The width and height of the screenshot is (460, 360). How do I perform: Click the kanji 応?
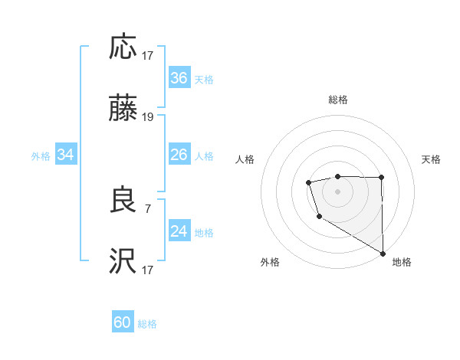(123, 47)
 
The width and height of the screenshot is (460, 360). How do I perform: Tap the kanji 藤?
(123, 110)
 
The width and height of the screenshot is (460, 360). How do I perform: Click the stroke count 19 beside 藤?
(148, 117)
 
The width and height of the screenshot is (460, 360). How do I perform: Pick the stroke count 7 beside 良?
(148, 208)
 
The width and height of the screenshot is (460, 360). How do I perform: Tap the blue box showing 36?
(179, 78)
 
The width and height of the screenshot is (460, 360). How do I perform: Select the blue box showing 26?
(179, 155)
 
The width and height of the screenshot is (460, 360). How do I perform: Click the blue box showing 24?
(179, 231)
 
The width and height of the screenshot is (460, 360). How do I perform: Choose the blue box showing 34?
(66, 155)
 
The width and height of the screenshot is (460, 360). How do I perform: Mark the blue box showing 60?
(123, 322)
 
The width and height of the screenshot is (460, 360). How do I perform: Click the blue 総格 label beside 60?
(147, 324)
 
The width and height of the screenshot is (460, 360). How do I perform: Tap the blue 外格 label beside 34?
(41, 156)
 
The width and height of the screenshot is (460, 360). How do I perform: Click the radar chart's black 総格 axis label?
(338, 100)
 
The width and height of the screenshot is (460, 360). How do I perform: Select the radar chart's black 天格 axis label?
(431, 159)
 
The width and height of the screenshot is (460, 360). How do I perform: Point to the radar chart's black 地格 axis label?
(402, 262)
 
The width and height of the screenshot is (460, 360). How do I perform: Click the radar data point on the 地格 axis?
(383, 254)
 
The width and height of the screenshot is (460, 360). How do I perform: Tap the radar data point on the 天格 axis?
(382, 178)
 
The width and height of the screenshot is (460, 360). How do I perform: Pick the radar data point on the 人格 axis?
(308, 182)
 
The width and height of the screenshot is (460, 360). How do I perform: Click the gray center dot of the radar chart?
(337, 191)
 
